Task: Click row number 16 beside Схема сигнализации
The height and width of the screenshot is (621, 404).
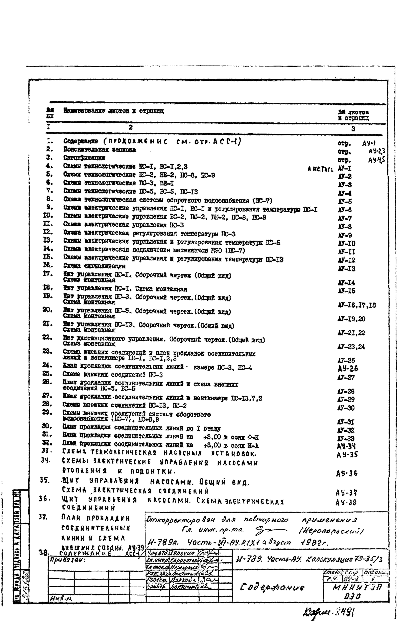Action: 48,265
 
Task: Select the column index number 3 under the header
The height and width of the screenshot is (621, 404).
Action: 353,129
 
